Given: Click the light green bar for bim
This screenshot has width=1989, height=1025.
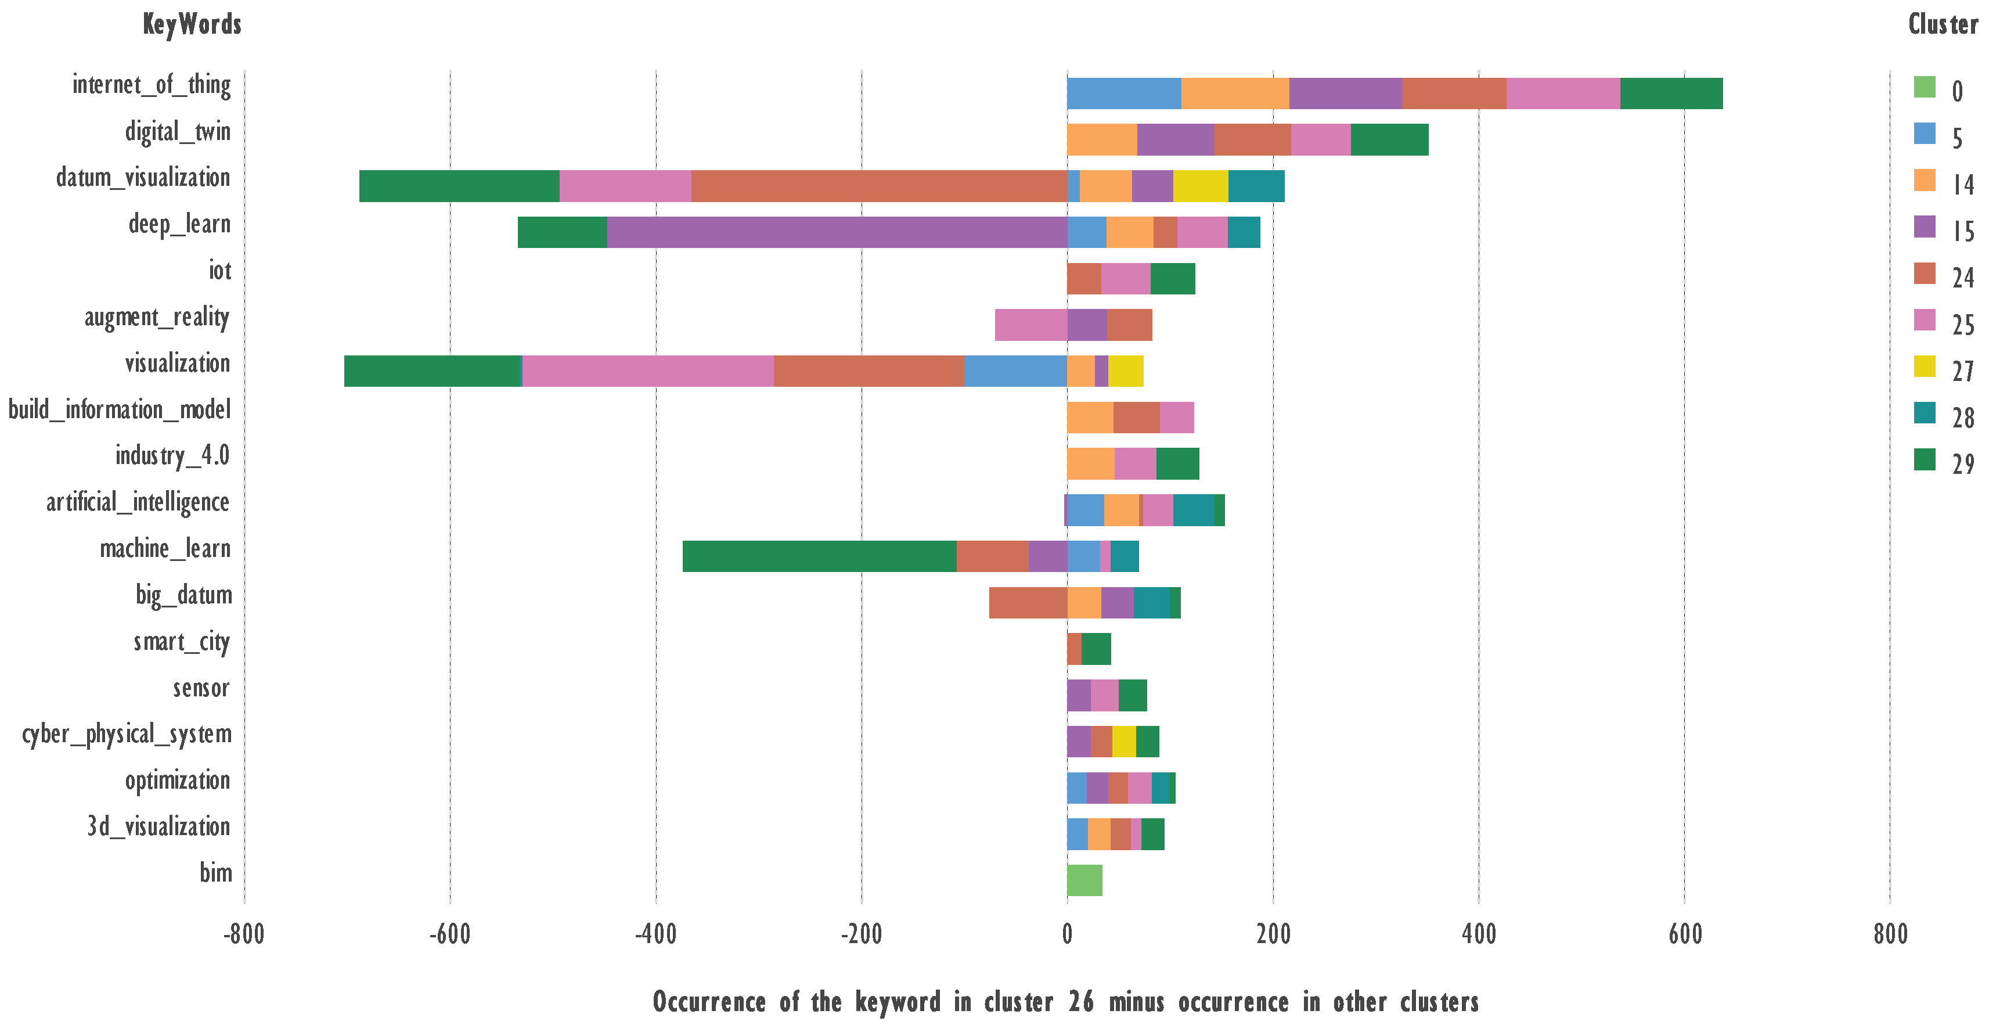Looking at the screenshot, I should coord(1084,880).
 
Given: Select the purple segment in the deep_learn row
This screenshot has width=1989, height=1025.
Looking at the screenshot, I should coord(837,232).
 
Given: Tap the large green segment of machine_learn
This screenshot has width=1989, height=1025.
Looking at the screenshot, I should coord(819,556).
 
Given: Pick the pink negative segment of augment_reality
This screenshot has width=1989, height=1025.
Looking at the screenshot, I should coord(1031,325).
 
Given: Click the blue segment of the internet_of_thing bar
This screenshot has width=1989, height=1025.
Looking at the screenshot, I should coord(1123,93).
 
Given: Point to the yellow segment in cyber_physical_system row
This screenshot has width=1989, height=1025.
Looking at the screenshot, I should coord(1123,742).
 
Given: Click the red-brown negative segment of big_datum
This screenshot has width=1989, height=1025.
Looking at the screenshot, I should coord(1028,602).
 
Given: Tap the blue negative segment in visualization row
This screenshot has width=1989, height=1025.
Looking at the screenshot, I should coord(1015,371).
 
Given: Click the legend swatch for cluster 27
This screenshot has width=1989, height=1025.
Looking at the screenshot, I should coord(1925,366).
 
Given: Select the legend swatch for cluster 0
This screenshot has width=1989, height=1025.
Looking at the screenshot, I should coord(1925,87).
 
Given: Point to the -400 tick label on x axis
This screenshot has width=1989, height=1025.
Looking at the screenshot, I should coord(655,934).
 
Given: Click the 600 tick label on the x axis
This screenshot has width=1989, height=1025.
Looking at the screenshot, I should coord(1685,934).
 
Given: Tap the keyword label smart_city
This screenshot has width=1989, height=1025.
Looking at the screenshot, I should coord(182,642).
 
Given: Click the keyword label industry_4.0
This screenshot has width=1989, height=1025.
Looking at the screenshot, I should coord(172,456).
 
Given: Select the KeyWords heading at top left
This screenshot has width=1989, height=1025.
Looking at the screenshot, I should coord(192,25).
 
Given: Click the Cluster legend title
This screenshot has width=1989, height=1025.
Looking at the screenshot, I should coord(1943,25).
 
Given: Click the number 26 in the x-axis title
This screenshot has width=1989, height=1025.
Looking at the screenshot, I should coord(1081,1002).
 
